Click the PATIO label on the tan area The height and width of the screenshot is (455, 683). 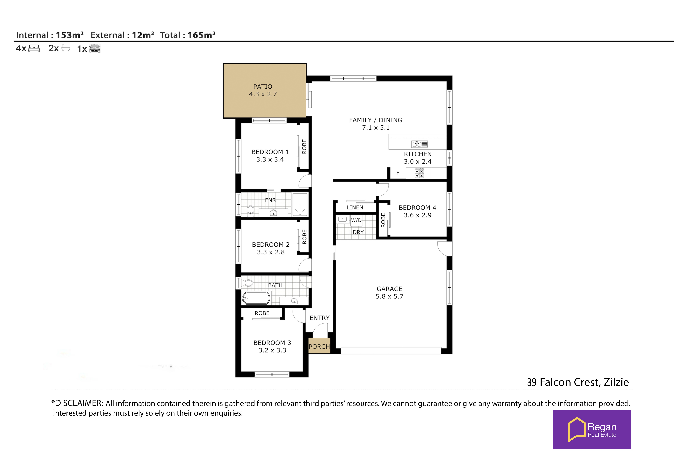263,87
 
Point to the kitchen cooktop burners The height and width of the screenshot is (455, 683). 419,173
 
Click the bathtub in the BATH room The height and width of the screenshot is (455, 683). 256,298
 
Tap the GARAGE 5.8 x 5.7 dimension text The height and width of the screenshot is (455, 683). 389,296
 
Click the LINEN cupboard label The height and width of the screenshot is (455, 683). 355,207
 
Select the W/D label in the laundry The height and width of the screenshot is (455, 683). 356,220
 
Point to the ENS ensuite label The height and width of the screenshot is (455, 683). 270,200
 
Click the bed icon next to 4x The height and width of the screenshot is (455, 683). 34,48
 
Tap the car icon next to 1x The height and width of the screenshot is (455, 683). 95,48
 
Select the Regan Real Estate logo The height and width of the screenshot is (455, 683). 592,429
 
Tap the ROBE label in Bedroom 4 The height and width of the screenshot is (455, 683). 383,220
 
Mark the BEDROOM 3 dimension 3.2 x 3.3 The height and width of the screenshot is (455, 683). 272,350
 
